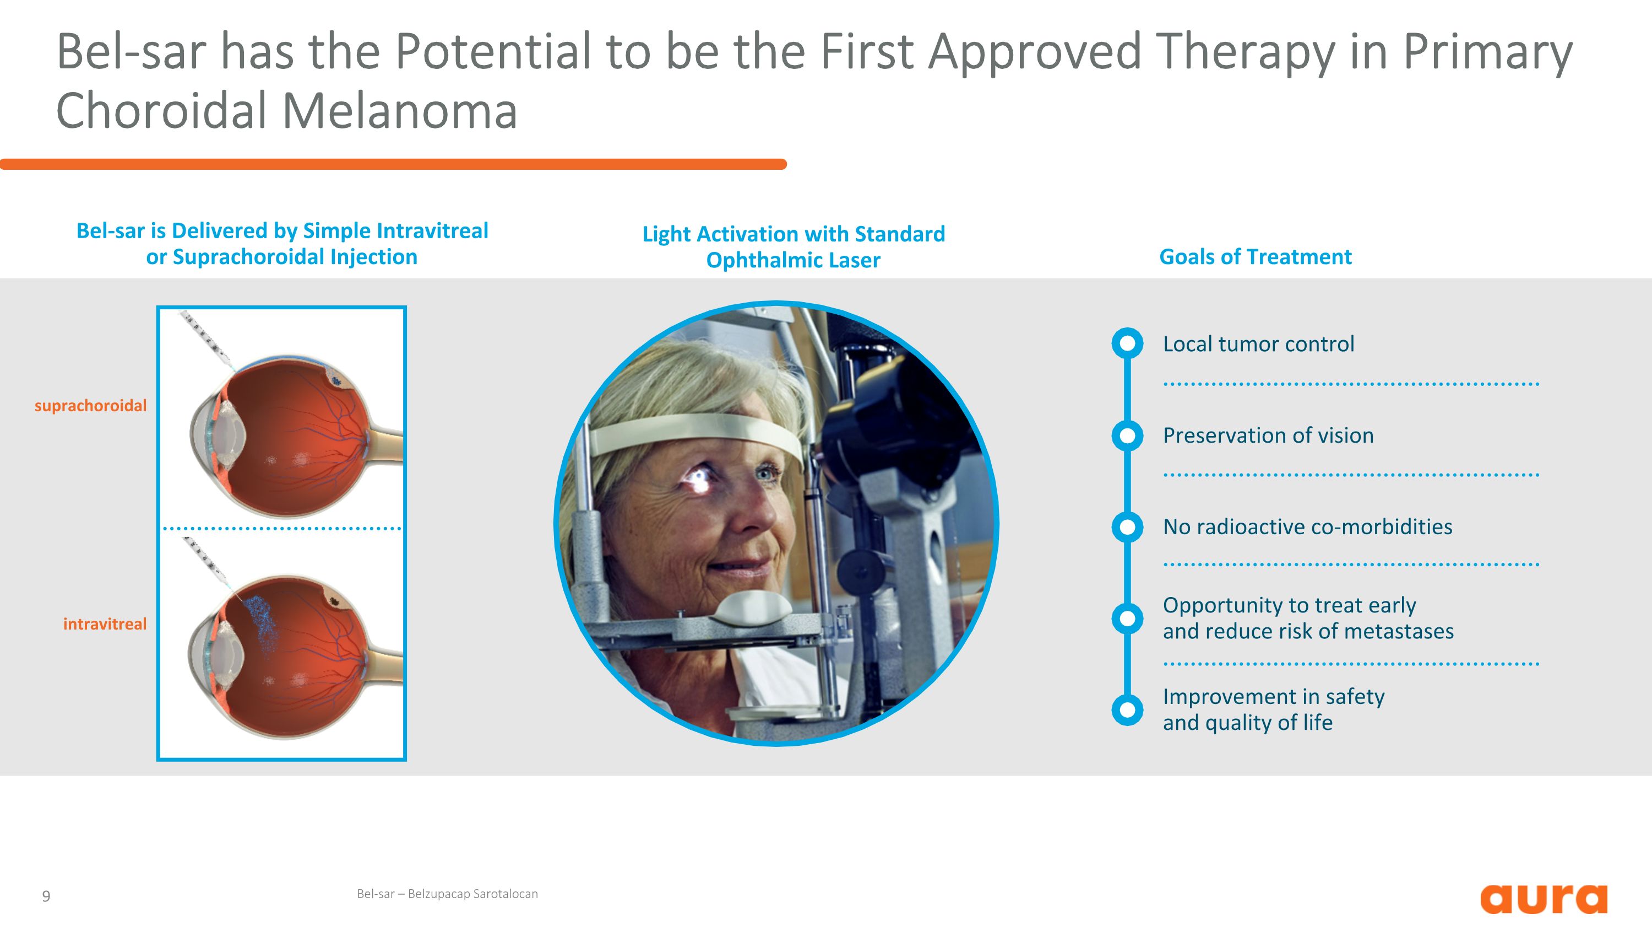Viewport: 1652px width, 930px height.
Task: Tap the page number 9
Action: click(46, 896)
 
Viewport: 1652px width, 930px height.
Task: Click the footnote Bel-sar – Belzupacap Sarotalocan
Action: click(447, 894)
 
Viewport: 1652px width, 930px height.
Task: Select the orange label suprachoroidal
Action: click(90, 406)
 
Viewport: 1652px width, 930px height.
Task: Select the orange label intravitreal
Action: click(105, 624)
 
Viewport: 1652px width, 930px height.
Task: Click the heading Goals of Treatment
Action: click(1255, 257)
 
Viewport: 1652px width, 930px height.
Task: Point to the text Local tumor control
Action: click(1258, 344)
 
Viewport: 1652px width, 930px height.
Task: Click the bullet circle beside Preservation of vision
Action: click(1127, 437)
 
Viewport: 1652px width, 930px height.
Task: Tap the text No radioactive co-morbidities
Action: click(1307, 527)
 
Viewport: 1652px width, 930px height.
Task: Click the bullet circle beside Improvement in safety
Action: click(1127, 710)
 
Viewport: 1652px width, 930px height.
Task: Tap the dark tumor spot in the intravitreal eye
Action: click(334, 601)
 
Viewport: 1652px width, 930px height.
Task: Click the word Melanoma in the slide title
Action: click(399, 110)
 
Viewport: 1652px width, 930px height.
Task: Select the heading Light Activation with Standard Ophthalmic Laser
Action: click(794, 247)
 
